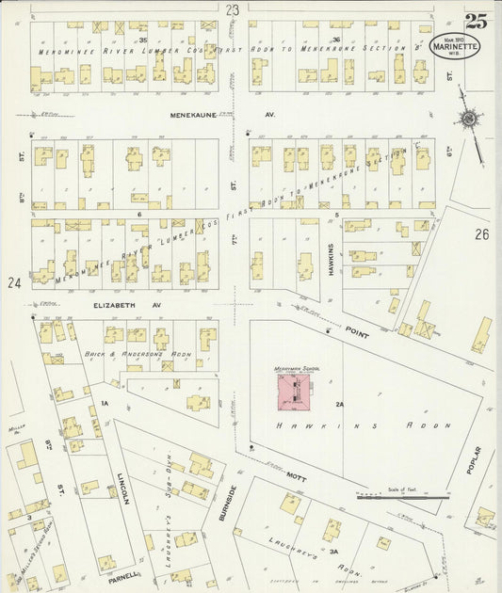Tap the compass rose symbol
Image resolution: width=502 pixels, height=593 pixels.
pyautogui.click(x=467, y=119)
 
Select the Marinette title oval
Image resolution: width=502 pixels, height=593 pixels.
pyautogui.click(x=455, y=45)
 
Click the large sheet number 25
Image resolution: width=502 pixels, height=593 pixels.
pyautogui.click(x=476, y=20)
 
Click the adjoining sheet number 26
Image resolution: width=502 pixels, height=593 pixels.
pyautogui.click(x=482, y=233)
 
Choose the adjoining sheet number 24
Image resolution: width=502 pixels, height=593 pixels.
pyautogui.click(x=13, y=282)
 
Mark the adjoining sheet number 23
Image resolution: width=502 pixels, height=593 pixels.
pyautogui.click(x=232, y=9)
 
